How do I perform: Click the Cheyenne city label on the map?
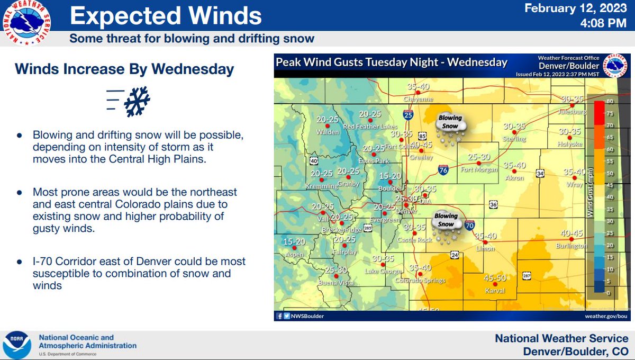(418, 99)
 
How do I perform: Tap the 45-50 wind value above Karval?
(495, 278)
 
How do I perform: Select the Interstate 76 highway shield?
(443, 170)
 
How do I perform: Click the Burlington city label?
(571, 246)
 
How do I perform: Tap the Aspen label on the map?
(294, 255)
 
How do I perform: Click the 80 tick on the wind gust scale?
(610, 101)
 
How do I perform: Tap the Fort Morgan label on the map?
(479, 170)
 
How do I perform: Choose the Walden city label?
(328, 132)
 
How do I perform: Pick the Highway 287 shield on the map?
(527, 276)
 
